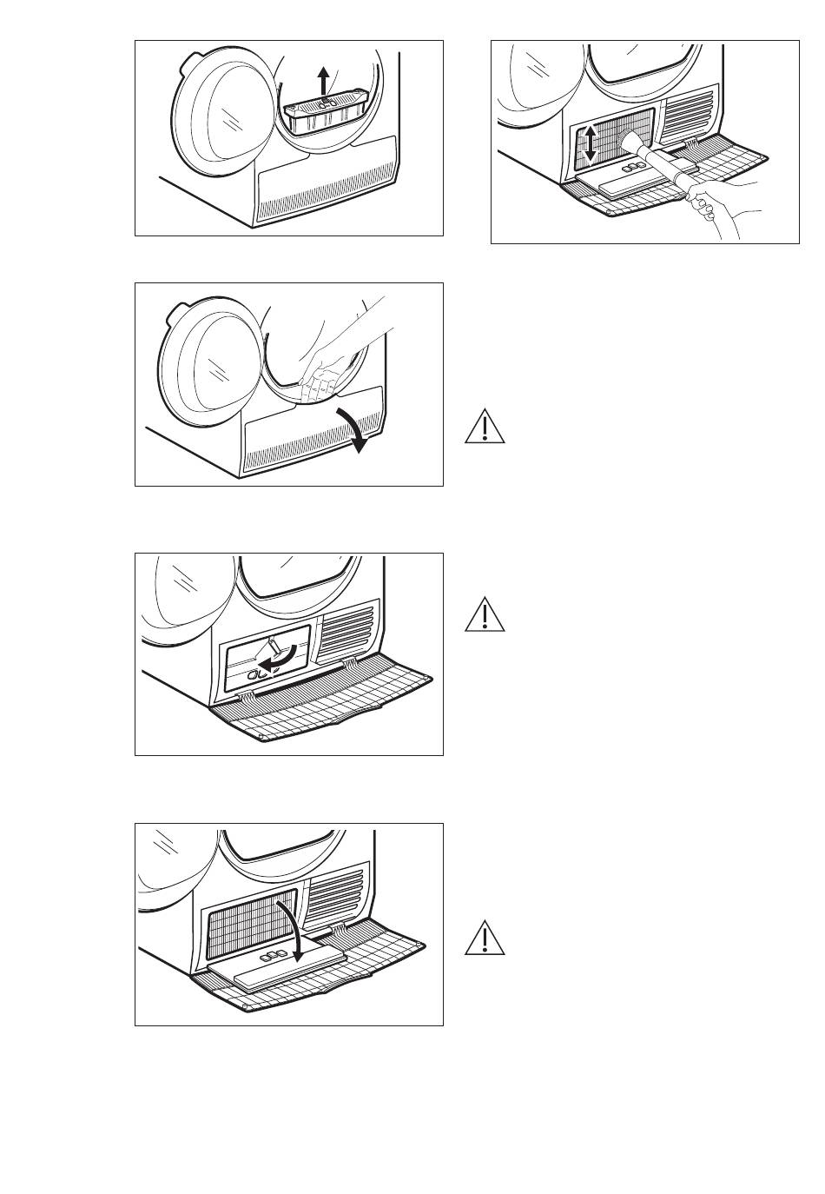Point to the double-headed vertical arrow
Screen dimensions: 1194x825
pyautogui.click(x=590, y=143)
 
